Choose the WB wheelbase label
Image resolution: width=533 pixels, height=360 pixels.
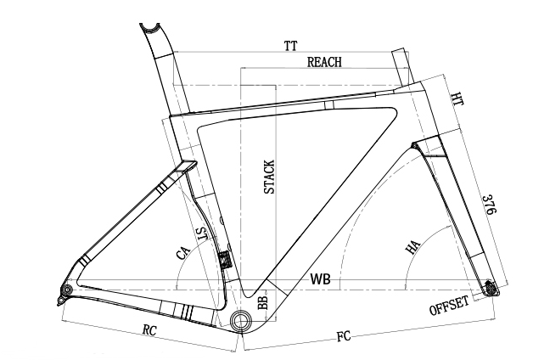click(320, 278)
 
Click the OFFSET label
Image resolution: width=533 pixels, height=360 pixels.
click(450, 307)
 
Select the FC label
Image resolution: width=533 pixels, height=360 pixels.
click(344, 335)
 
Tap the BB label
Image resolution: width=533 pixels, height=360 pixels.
click(263, 303)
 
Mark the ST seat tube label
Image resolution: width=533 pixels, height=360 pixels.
click(202, 235)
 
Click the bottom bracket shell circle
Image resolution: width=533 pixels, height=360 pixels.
click(240, 320)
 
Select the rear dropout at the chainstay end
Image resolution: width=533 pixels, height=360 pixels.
click(63, 294)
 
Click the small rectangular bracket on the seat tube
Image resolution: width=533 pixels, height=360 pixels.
click(224, 259)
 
